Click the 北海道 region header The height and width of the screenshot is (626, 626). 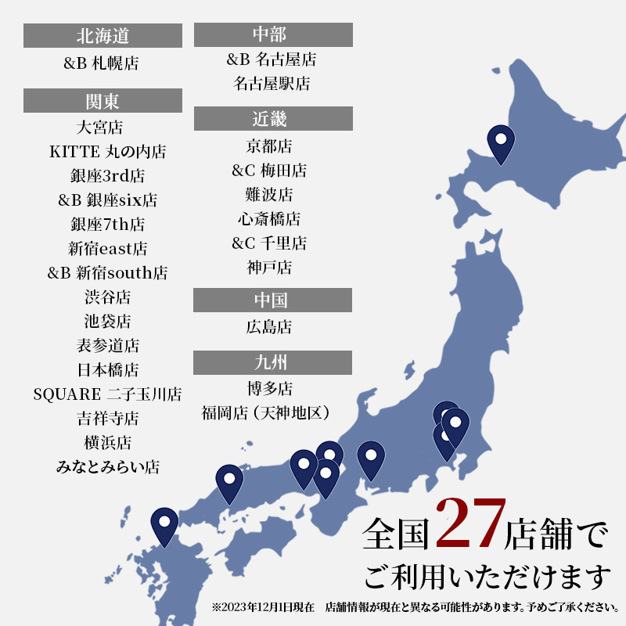coord(103,36)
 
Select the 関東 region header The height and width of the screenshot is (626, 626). coord(103,101)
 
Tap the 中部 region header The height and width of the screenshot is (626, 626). coord(272,34)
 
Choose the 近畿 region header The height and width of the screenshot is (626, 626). coord(272,119)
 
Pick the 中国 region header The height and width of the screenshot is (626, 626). coord(272,300)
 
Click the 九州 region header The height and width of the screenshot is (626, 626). coord(272,363)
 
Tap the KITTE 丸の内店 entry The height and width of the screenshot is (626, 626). coord(107,152)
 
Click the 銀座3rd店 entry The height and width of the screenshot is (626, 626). coord(107,176)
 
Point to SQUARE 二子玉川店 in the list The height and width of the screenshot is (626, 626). coord(107,394)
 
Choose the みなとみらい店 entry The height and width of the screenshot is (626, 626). coord(107,467)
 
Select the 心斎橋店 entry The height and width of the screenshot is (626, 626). coord(269,219)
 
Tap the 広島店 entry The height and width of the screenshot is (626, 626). coord(269,327)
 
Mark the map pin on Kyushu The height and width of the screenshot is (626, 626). coord(164,525)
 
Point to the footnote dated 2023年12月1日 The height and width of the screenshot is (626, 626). coord(414,607)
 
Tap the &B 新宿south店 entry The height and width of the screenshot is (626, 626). coord(107,273)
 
